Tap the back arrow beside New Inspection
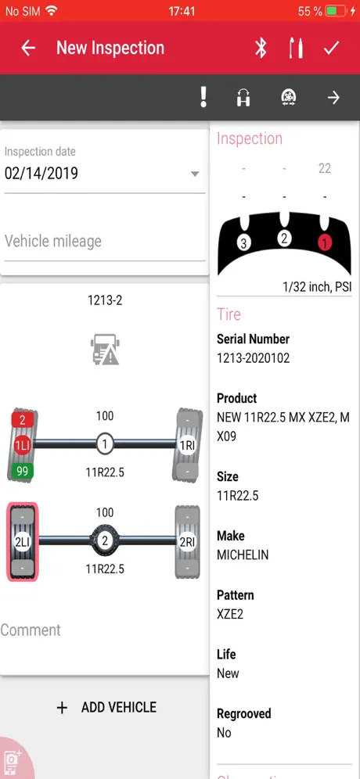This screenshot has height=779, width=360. coord(28,48)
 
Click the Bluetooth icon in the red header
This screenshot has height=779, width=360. coord(261,48)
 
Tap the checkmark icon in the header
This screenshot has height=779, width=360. coord(331,48)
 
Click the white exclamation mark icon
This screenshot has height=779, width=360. coord(203,96)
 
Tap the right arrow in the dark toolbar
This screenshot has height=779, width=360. coord(333,98)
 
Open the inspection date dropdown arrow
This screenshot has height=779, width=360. coord(195,174)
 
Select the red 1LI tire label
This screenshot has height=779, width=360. coord(23,446)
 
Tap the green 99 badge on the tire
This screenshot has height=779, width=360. coord(23,471)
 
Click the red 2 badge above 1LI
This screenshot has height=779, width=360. coord(23,420)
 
